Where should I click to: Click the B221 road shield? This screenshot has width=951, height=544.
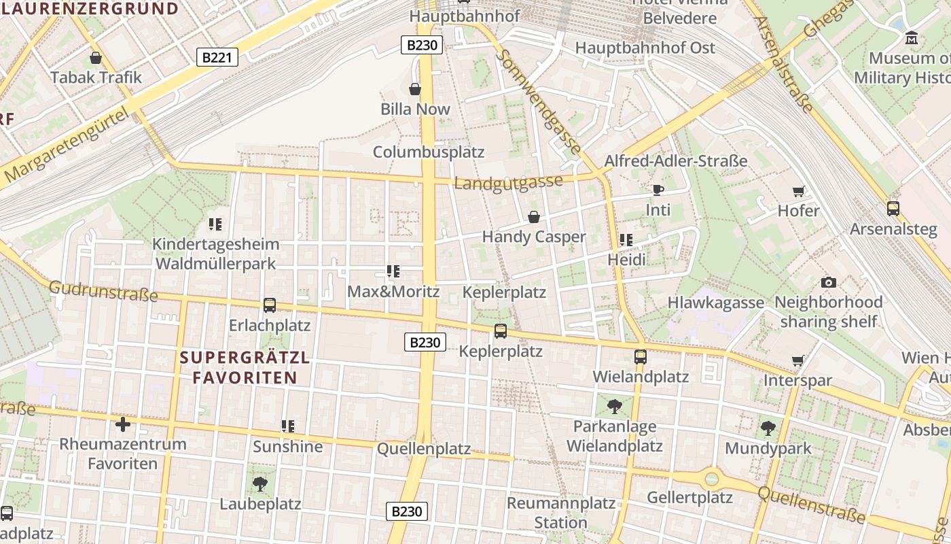coord(217,57)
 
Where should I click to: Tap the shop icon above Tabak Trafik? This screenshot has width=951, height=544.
coord(96,58)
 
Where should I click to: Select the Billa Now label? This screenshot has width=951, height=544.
coord(415,109)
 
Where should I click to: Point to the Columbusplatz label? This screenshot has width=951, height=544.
coord(429,152)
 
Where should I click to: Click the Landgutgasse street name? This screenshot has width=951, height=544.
coord(508,182)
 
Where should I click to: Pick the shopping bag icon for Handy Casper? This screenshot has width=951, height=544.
coord(534,217)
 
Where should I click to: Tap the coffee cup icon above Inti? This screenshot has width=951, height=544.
coord(657,190)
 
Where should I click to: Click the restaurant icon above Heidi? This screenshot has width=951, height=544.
coord(626,239)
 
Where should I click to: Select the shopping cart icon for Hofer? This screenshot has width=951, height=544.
coord(799,191)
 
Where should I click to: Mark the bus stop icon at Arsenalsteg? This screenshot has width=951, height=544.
coord(893,209)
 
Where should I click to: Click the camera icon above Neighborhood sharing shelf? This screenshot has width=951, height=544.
coord(828,282)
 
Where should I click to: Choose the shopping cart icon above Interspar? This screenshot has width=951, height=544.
coord(798,360)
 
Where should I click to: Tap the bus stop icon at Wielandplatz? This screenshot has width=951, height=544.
coord(640,356)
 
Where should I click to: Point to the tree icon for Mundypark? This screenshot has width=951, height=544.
coord(768,428)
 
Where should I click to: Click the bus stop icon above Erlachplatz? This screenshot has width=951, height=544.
coord(270,305)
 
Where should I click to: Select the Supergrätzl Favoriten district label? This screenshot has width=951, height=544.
coord(245,367)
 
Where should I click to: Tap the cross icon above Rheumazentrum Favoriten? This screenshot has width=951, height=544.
coord(123,424)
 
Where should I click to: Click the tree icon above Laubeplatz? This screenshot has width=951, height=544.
coord(259,484)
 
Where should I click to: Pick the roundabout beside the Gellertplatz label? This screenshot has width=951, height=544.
coord(711,478)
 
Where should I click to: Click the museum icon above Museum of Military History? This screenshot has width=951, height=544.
coord(911,38)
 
